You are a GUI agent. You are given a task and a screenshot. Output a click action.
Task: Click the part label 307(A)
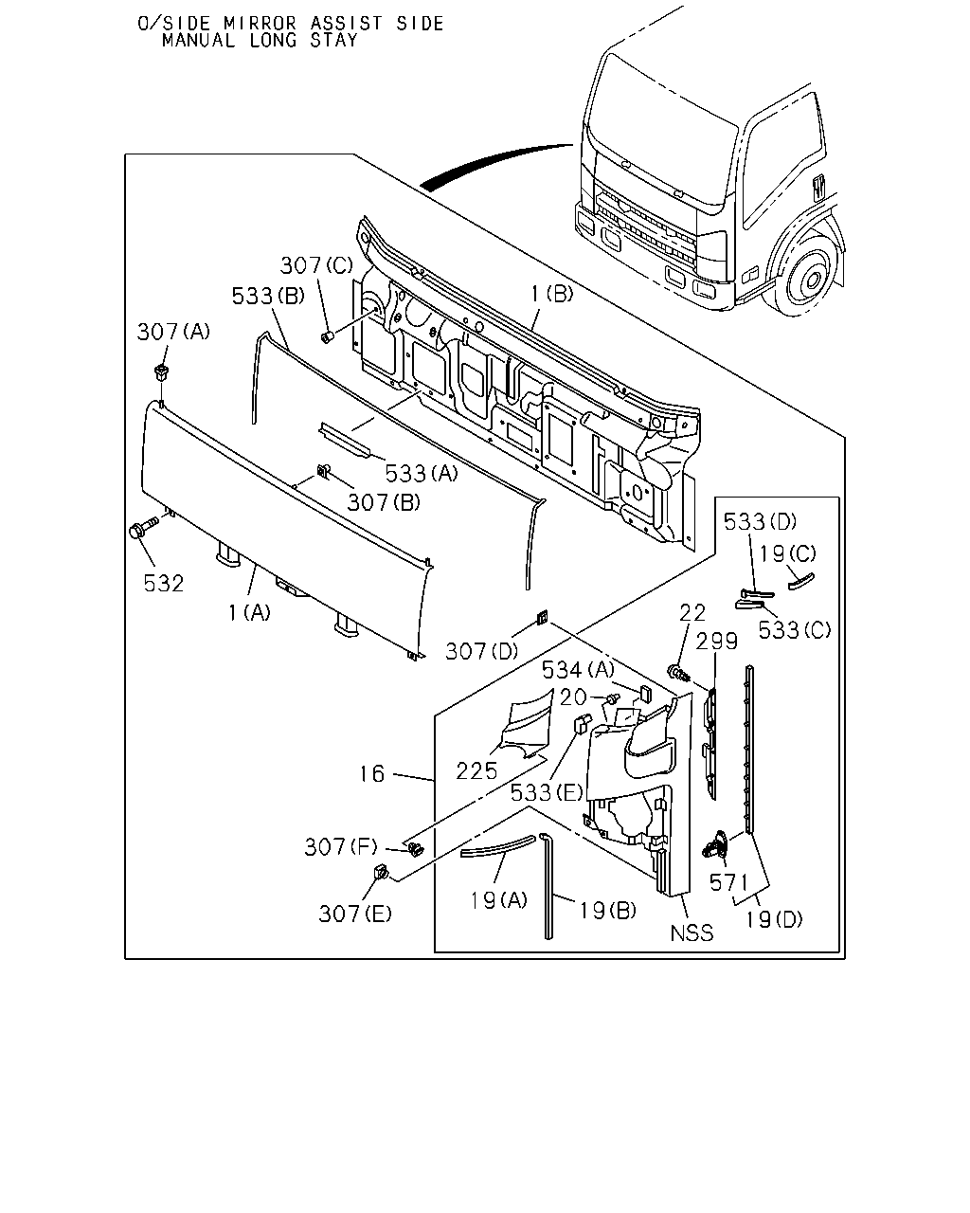(x=173, y=332)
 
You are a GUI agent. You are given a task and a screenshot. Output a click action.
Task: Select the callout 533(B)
(x=268, y=296)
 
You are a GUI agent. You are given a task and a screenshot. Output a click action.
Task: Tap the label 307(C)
(x=316, y=265)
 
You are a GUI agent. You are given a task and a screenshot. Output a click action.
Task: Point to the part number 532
(x=164, y=584)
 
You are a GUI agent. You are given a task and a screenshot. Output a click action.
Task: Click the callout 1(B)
(x=552, y=294)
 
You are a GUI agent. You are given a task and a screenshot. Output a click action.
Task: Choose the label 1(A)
(x=249, y=613)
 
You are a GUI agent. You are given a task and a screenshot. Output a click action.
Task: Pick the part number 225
(x=476, y=771)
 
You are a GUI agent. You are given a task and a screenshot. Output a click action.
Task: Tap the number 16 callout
(x=372, y=774)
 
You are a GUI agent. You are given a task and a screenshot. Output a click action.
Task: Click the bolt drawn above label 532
(x=143, y=527)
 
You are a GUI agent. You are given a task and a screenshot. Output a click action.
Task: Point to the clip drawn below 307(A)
(x=161, y=372)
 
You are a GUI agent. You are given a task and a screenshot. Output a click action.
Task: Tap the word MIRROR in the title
(x=260, y=23)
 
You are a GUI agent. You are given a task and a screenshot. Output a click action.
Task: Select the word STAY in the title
(x=333, y=40)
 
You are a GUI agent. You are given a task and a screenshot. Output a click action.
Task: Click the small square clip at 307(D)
(x=541, y=617)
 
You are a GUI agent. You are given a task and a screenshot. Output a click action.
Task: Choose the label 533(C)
(x=794, y=629)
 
